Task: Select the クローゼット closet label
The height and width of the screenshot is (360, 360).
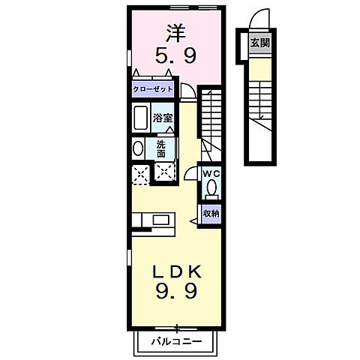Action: point(153,90)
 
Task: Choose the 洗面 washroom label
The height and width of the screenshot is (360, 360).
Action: point(162,148)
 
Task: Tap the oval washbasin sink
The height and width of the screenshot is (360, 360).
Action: point(139,148)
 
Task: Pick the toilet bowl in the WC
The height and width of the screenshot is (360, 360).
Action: point(211,187)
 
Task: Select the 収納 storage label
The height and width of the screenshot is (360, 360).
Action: point(211,213)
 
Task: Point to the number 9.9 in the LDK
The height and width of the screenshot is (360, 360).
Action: point(176,291)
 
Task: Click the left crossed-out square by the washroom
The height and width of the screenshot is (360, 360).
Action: point(139,174)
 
